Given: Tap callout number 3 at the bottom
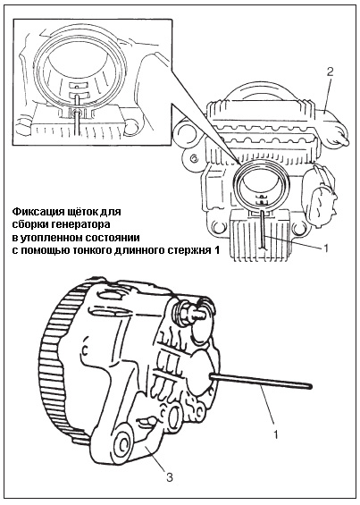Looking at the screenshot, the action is (170, 476).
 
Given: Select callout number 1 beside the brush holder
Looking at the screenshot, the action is (325, 248).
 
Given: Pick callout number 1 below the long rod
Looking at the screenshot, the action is (275, 434).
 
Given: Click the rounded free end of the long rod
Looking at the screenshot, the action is (309, 385).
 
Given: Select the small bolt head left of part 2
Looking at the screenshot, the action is (194, 157).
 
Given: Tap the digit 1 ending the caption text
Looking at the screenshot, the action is (216, 250).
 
